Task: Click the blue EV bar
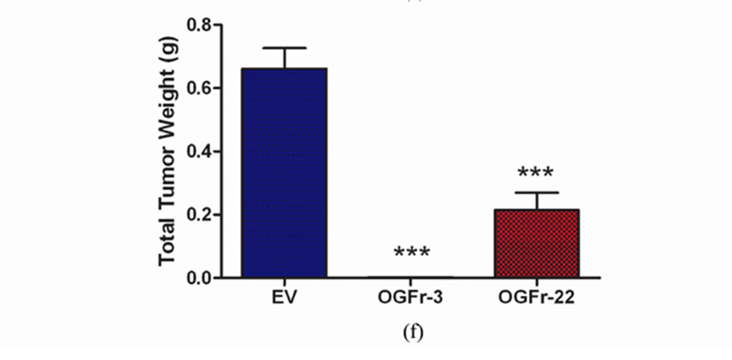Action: coord(284,173)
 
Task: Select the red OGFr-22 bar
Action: coord(536,243)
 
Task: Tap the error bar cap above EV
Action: coord(284,48)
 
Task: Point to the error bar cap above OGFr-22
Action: coord(536,193)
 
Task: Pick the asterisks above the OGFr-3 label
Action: coord(411,252)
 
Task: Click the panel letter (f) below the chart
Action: coord(412,333)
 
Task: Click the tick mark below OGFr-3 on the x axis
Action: coord(410,282)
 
